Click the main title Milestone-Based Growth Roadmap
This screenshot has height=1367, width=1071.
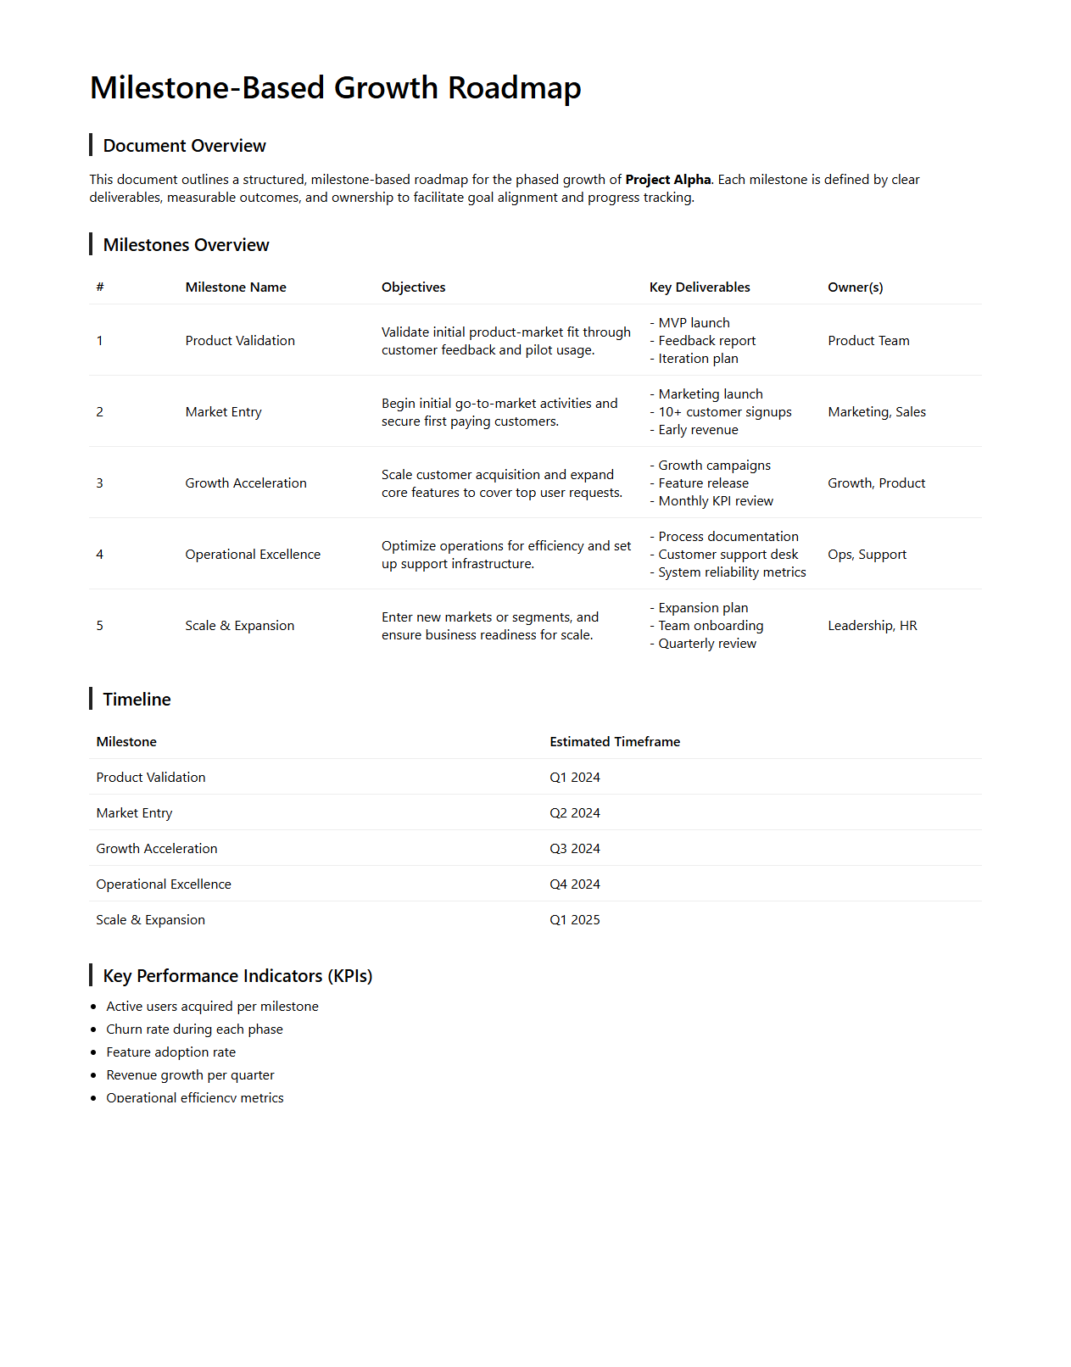coord(335,88)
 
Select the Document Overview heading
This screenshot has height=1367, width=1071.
coord(184,146)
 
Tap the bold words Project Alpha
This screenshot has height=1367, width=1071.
coord(668,180)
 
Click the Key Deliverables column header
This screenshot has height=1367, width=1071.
coord(700,287)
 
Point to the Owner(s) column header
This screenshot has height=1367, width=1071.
coord(855,287)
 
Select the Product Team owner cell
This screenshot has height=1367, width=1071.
coord(868,341)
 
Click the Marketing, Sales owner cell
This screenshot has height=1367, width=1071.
coord(876,412)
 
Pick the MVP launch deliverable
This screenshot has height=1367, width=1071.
coord(694,323)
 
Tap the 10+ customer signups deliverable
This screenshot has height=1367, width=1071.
coord(724,412)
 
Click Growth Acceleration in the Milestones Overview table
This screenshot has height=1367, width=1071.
coord(246,483)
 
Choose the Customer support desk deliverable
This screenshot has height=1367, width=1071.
coord(728,555)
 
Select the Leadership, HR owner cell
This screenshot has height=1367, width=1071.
coord(872,626)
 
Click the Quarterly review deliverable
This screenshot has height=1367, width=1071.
coord(707,644)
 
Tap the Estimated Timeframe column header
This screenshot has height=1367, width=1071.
coord(615,742)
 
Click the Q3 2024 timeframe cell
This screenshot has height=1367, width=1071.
coord(574,849)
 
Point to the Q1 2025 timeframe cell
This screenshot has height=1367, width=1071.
coord(574,920)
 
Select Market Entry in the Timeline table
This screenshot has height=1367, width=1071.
coord(134,813)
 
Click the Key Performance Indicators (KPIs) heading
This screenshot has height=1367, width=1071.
coord(237,976)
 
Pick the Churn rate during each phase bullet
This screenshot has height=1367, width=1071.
coord(194,1029)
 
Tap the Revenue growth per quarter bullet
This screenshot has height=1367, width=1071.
coord(190,1075)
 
